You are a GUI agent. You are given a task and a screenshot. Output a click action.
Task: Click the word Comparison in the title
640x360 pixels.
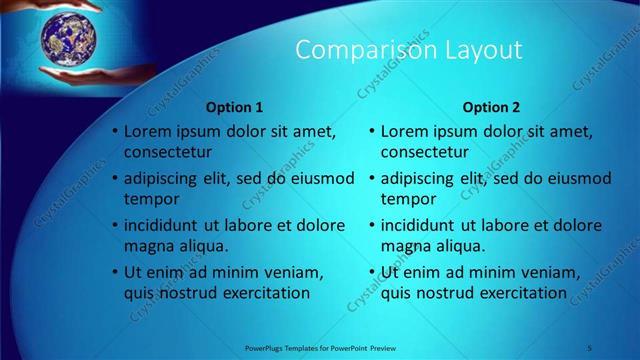[348, 50]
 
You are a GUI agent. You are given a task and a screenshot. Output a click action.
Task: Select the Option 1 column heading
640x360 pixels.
[234, 107]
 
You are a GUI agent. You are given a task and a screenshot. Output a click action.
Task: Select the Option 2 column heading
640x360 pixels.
[491, 107]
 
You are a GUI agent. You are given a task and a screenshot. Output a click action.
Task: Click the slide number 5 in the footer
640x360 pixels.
[590, 347]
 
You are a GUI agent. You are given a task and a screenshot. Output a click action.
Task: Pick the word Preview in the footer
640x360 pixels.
[393, 347]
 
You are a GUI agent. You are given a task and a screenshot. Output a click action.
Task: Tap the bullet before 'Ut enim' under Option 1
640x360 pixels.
[115, 272]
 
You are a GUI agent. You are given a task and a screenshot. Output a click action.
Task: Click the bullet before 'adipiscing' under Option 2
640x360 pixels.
[372, 179]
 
